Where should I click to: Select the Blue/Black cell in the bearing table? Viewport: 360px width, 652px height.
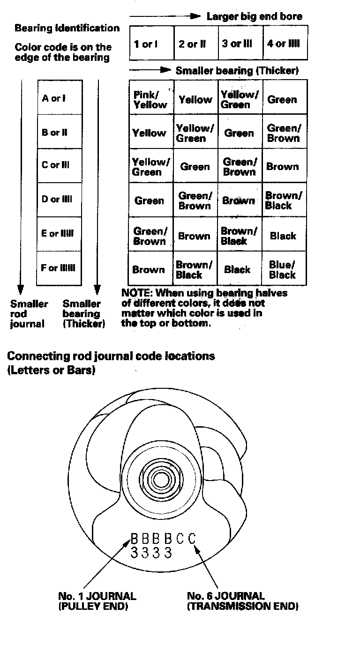pos(282,270)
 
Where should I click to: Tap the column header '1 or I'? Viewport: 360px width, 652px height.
pos(146,44)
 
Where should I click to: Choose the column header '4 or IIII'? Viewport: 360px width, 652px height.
pos(283,44)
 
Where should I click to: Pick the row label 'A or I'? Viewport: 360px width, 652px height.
pos(54,98)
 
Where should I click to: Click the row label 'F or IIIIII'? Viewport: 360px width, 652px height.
pos(58,268)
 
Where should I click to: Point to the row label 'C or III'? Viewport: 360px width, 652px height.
pos(55,165)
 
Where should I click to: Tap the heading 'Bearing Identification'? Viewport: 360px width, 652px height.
pos(67,28)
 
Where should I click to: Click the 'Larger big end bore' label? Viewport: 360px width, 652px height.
pos(255,16)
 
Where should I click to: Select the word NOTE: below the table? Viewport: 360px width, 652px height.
pos(136,293)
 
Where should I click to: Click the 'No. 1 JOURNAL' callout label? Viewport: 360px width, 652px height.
pos(97,596)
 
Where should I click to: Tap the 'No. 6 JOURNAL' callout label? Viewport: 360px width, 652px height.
pos(226,596)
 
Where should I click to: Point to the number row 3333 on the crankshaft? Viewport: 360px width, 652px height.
pos(151,553)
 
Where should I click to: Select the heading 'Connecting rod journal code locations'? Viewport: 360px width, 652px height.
pos(111,356)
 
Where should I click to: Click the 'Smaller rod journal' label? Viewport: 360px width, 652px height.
pos(29,313)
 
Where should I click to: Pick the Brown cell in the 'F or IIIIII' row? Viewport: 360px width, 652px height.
pos(149,270)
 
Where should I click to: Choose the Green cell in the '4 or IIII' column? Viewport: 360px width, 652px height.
pos(282,99)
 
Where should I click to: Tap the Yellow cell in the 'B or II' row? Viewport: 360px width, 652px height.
pos(149,133)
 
